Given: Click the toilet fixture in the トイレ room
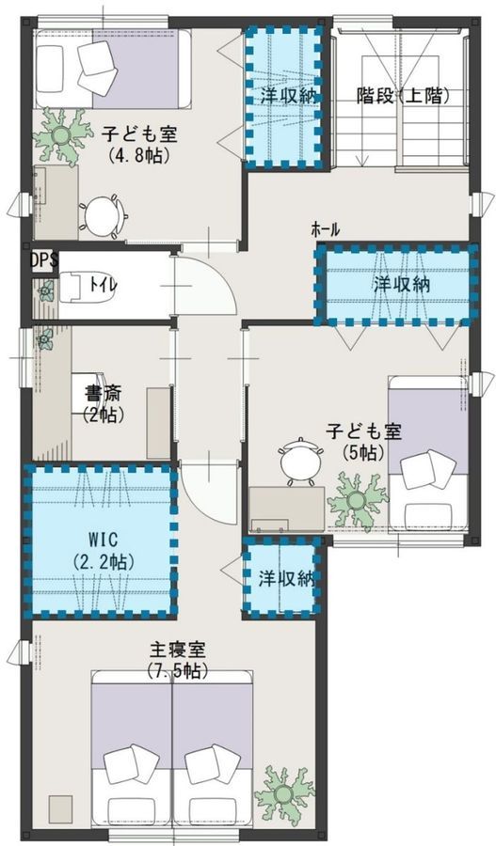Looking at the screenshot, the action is pyautogui.click(x=75, y=285).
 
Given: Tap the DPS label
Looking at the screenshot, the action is pyautogui.click(x=43, y=260).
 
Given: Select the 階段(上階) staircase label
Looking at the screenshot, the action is pyautogui.click(x=403, y=96).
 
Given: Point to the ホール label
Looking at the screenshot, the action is pyautogui.click(x=326, y=230).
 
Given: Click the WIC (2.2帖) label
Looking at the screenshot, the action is pyautogui.click(x=103, y=551).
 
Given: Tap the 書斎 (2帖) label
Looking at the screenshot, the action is pyautogui.click(x=104, y=403).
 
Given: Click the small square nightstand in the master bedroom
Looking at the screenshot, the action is pyautogui.click(x=59, y=808).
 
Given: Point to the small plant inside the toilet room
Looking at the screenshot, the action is pyautogui.click(x=45, y=291).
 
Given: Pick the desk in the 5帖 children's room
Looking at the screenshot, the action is pyautogui.click(x=287, y=509).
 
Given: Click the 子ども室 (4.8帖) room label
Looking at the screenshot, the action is pyautogui.click(x=139, y=144).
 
